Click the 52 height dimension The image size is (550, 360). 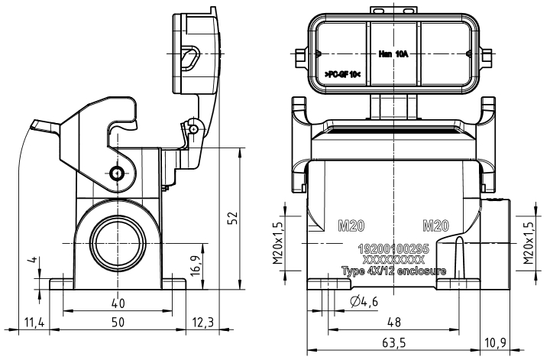pos(235,219)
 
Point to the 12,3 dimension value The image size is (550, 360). pos(202,323)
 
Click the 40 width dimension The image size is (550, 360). pos(118,300)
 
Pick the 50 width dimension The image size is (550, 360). pos(118,323)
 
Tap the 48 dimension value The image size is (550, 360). pos(394,323)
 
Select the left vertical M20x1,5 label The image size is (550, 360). pos(277,240)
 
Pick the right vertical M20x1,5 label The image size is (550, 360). pos(529,240)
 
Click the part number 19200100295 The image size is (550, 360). pos(393,250)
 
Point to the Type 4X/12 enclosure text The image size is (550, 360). pos(393,271)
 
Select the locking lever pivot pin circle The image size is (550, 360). pos(115,174)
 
